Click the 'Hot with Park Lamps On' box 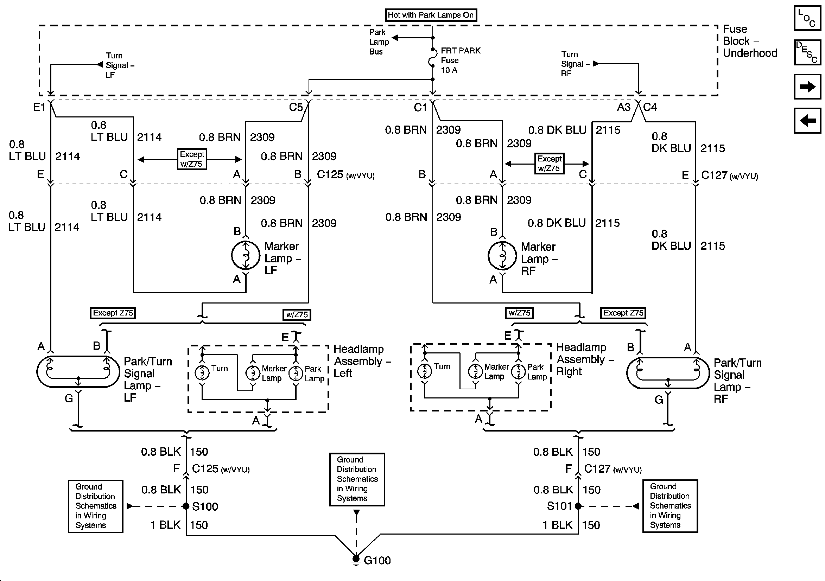coord(431,15)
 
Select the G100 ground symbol coord(356,559)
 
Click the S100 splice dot coord(186,506)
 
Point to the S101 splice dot coord(578,506)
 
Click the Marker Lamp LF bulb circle coord(246,255)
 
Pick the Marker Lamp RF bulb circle coord(502,256)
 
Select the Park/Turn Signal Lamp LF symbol coord(78,371)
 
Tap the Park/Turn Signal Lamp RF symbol coord(668,373)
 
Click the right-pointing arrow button coord(807,87)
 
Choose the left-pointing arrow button coord(807,120)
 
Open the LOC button coord(807,18)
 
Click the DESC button coord(807,52)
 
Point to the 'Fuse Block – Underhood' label coord(750,41)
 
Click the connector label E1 coord(39,107)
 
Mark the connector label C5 coord(296,107)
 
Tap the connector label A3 coord(624,107)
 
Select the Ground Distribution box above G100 coord(357,479)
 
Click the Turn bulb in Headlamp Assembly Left coord(202,372)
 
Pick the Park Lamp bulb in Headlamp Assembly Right coord(518,371)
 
